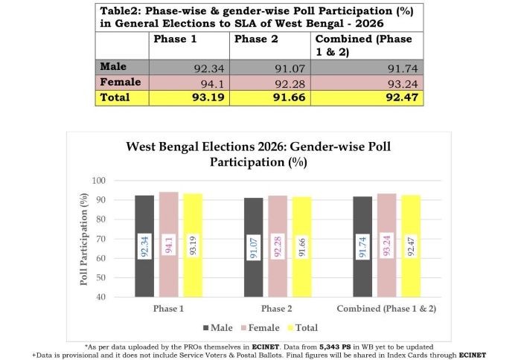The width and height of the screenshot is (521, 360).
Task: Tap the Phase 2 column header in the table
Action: point(251,39)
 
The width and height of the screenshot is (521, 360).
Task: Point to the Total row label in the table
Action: point(115,97)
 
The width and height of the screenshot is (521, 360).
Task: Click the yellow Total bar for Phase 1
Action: point(193,245)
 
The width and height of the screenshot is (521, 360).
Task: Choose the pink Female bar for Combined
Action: point(389,245)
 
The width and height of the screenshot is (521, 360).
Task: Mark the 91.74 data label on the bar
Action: point(365,245)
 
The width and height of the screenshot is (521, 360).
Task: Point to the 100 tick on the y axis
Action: point(99,181)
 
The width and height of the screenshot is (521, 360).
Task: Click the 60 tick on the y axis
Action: point(101,258)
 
